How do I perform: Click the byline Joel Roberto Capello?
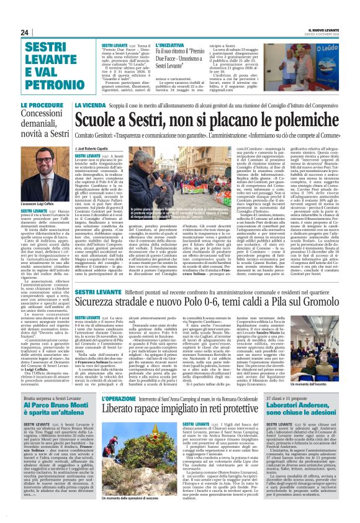[101, 150]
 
